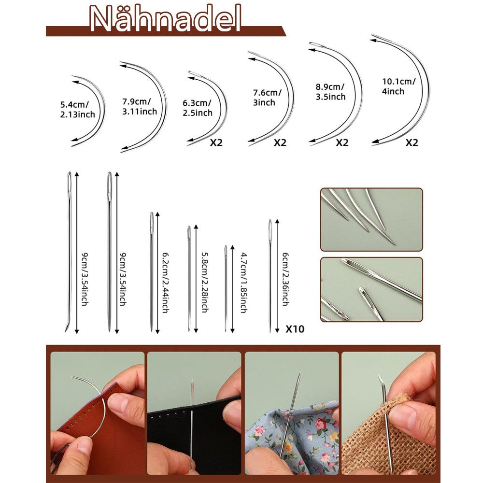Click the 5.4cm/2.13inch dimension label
pos(77,110)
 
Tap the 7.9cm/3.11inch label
pos(139,107)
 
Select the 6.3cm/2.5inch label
pos(197,108)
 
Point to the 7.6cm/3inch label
pos(266,98)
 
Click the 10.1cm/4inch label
pos(398,86)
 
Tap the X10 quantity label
pos(295,329)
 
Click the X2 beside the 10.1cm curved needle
pos(412,142)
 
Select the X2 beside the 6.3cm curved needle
pos(216,142)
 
